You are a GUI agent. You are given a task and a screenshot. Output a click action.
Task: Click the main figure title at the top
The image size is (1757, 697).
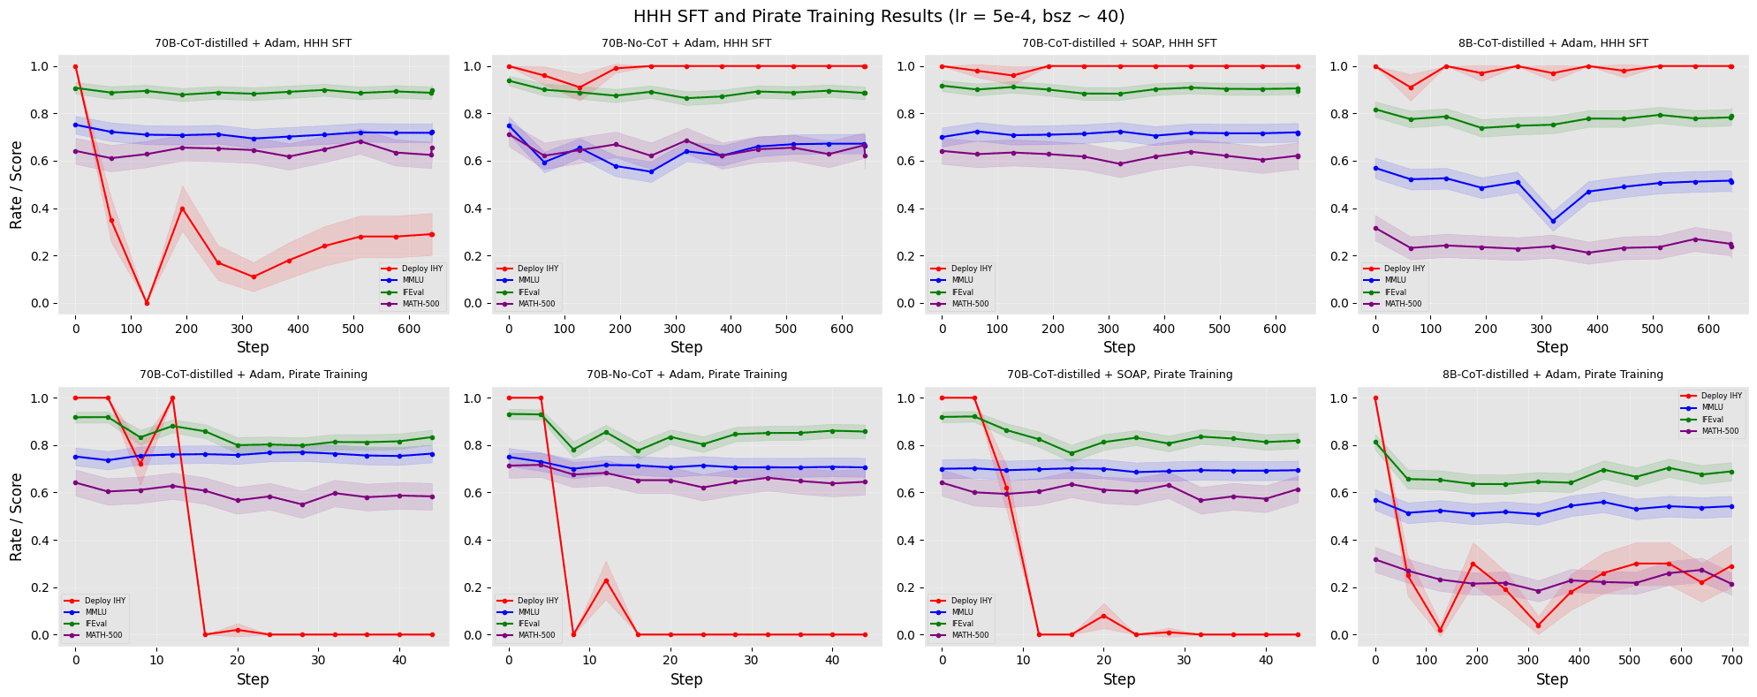pyautogui.click(x=879, y=16)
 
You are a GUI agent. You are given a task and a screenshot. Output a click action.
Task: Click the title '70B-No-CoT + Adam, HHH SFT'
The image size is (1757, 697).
pyautogui.click(x=686, y=43)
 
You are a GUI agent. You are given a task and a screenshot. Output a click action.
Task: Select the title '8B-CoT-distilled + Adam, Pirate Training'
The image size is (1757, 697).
pyautogui.click(x=1552, y=375)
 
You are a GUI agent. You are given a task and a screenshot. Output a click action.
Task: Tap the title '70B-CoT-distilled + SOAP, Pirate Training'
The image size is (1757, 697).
pyautogui.click(x=1119, y=375)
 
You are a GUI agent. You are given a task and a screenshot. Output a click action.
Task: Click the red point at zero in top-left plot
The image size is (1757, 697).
pyautogui.click(x=75, y=66)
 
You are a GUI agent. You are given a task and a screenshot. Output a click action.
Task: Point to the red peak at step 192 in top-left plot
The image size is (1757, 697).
pyautogui.click(x=182, y=208)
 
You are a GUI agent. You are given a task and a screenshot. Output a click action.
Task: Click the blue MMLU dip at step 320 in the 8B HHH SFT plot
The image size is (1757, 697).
pyautogui.click(x=1553, y=221)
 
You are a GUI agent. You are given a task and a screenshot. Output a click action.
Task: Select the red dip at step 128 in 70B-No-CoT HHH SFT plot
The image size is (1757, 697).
pyautogui.click(x=579, y=87)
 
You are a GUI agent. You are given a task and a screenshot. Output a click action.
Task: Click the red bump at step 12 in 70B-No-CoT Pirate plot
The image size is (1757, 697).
pyautogui.click(x=605, y=580)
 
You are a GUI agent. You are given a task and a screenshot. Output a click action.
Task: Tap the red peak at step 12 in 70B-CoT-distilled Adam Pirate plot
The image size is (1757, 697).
pyautogui.click(x=172, y=398)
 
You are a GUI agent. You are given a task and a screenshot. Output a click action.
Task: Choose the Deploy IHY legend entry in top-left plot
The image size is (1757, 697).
pyautogui.click(x=412, y=269)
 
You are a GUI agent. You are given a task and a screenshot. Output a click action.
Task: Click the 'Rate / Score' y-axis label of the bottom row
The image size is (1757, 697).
pyautogui.click(x=17, y=517)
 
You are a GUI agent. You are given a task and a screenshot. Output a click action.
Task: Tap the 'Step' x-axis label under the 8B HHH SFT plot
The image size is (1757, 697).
pyautogui.click(x=1552, y=347)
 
